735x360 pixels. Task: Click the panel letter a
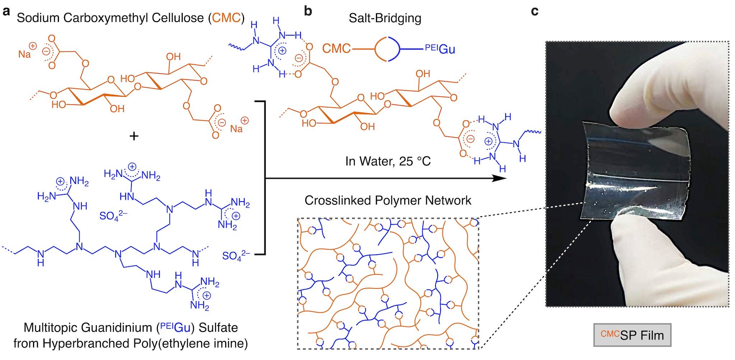6,11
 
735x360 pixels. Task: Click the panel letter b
308,11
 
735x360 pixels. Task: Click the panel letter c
535,11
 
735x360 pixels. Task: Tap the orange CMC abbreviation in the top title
226,18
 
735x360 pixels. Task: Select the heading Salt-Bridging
385,18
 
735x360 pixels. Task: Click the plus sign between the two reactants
134,136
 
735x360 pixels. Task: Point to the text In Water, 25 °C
388,161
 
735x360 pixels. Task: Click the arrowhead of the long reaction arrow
500,179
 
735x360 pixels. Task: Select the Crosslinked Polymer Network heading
388,200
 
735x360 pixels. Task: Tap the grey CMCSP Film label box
632,335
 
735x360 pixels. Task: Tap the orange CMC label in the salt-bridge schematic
336,49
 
